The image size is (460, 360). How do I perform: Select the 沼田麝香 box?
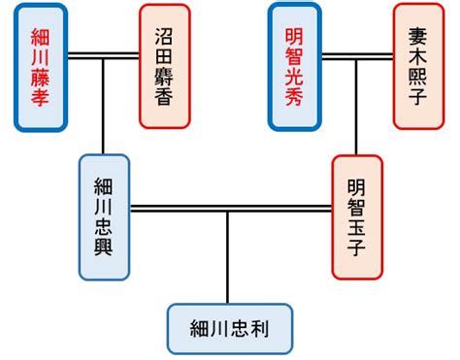tap(164, 66)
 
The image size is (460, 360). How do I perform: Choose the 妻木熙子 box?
tap(418, 66)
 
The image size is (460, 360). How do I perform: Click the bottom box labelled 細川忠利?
tap(230, 329)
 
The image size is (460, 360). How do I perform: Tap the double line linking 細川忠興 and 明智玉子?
tap(229, 208)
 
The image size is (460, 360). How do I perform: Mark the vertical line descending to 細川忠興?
tap(104, 107)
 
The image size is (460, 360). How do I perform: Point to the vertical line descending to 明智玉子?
tap(356, 107)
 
